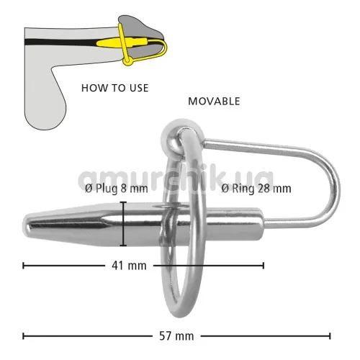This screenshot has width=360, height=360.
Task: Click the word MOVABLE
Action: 214,102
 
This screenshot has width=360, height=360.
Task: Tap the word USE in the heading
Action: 139,88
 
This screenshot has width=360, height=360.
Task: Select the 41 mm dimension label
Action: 129,266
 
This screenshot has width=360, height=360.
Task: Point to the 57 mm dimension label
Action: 176,336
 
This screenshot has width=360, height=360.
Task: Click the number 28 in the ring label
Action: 264,189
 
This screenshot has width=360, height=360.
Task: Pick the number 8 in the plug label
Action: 123,189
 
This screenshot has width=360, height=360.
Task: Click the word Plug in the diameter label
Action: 107,189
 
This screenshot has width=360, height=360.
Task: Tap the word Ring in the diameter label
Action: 243,189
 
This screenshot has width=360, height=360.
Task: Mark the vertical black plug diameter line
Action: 123,224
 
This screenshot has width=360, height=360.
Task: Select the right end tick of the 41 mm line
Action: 264,266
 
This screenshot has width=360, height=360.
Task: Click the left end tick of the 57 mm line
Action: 23,336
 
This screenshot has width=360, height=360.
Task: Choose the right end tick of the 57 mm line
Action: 330,336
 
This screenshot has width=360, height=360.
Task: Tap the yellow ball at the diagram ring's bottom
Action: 127,61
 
